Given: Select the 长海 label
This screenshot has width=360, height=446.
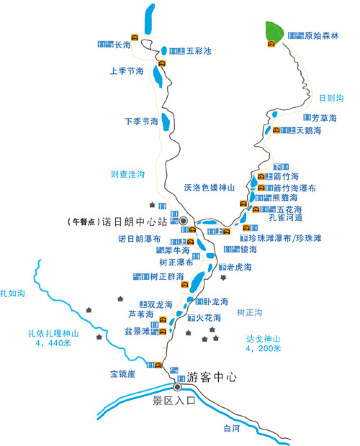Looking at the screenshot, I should coord(124,45).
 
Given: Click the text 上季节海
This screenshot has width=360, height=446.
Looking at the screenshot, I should coord(127,72).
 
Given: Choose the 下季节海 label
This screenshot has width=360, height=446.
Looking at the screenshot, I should coord(141,121).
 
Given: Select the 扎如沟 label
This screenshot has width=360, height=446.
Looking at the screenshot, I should coord(12,292).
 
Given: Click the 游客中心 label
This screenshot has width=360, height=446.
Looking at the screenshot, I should coord(211,378).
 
